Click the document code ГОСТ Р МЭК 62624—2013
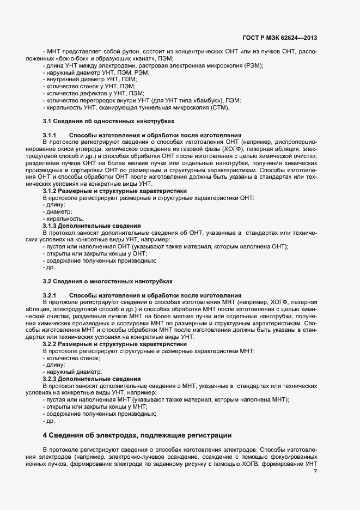pyautogui.click(x=280, y=38)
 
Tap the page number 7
pyautogui.click(x=315, y=471)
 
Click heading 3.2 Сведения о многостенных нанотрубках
pyautogui.click(x=108, y=281)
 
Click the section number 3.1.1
pyautogui.click(x=50, y=135)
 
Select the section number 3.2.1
pyautogui.click(x=50, y=295)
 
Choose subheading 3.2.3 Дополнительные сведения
pyautogui.click(x=91, y=379)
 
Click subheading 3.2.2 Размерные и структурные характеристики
pyautogui.click(x=114, y=344)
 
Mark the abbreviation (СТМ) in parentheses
pyautogui.click(x=220, y=107)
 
